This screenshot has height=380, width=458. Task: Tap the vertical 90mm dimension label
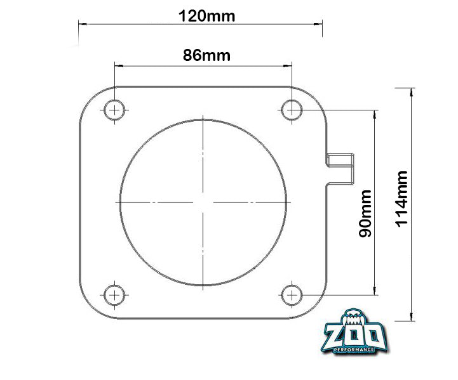pyautogui.click(x=365, y=213)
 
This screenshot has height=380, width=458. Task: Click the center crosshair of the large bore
pyautogui.click(x=202, y=202)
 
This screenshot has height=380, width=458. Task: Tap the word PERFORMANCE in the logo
pyautogui.click(x=355, y=348)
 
